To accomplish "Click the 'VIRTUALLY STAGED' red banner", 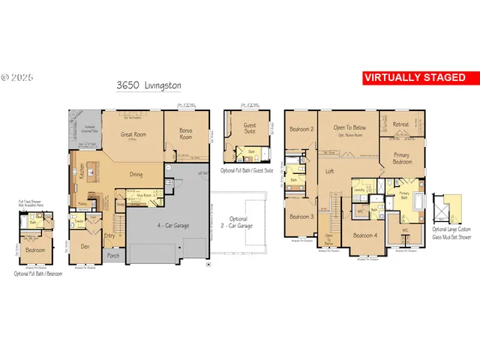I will click(413, 77).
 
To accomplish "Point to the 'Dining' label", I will click(136, 175).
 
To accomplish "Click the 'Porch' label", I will click(113, 256).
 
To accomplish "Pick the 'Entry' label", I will click(109, 235).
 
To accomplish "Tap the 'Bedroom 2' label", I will click(301, 129).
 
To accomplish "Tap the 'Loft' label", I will click(329, 171).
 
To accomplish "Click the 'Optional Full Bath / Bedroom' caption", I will click(37, 274).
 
